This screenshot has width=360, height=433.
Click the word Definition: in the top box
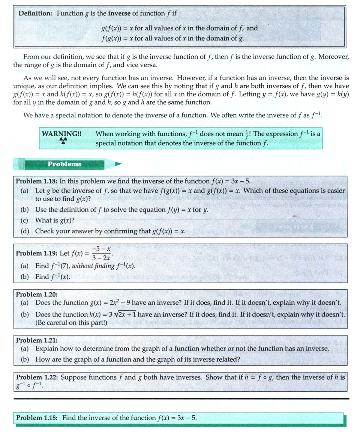tap(36, 13)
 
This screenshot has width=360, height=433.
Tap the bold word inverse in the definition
tap(120, 13)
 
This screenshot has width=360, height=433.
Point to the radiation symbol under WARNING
tap(63, 141)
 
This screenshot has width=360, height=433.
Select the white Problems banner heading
tap(64, 164)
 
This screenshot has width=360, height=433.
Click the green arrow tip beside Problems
tap(118, 164)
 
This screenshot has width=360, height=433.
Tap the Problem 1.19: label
tap(34, 253)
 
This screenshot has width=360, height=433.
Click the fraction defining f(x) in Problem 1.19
tap(102, 253)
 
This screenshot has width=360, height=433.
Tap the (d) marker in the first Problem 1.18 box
tap(25, 231)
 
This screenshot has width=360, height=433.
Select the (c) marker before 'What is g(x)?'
tap(25, 220)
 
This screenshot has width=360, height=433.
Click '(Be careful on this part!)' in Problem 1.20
tap(71, 322)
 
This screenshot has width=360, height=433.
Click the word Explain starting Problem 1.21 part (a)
tap(46, 349)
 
